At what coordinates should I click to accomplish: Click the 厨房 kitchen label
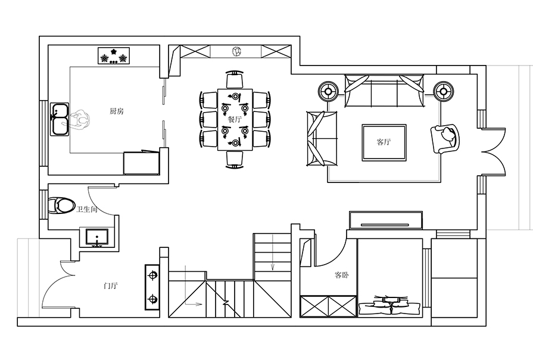tap(117, 111)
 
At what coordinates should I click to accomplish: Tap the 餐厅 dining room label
tap(235, 119)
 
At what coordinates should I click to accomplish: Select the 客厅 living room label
tap(384, 141)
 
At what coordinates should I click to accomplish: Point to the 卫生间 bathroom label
tap(87, 209)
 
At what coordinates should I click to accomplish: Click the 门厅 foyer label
tap(111, 285)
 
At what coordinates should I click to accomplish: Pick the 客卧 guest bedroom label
tap(342, 275)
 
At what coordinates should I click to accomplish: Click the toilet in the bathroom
tap(61, 205)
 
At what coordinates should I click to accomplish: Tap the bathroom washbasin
tap(97, 237)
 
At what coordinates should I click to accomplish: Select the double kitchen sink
tap(60, 119)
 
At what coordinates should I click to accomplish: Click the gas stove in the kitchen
tap(114, 55)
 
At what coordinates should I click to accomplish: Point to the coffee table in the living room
tap(384, 142)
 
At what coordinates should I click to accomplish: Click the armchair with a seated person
tap(445, 139)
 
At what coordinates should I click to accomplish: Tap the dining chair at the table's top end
tap(235, 80)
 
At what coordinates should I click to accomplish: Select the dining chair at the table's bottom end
tap(235, 160)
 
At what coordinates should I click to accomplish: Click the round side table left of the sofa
tap(328, 91)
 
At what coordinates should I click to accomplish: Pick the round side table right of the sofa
tap(444, 91)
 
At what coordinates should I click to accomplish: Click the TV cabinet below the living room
tap(386, 220)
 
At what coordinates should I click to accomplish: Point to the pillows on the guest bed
tap(390, 305)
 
